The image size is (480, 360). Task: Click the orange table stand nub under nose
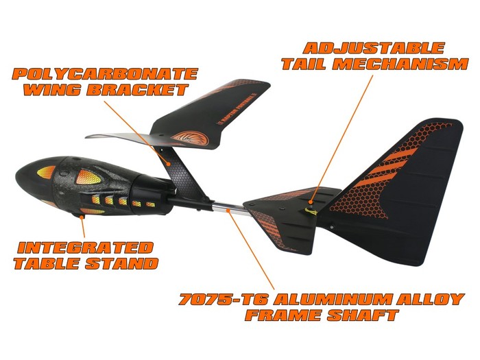click(82, 216)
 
